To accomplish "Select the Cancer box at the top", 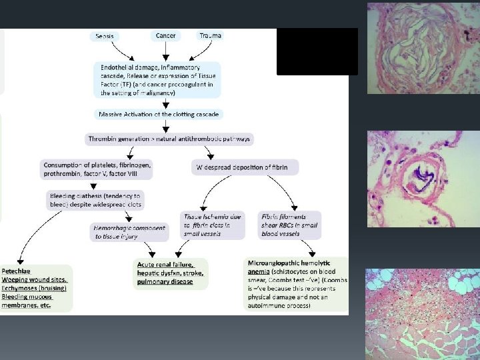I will (165, 35).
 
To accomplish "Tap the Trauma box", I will (210, 35).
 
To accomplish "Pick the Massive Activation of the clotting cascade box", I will (158, 114).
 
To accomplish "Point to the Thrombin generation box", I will (171, 139).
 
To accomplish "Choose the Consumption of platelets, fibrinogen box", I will (97, 169).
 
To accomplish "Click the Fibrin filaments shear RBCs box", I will (289, 225).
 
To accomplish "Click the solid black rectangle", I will (317, 51).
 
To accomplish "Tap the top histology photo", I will (422, 48).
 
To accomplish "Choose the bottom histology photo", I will (422, 313).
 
